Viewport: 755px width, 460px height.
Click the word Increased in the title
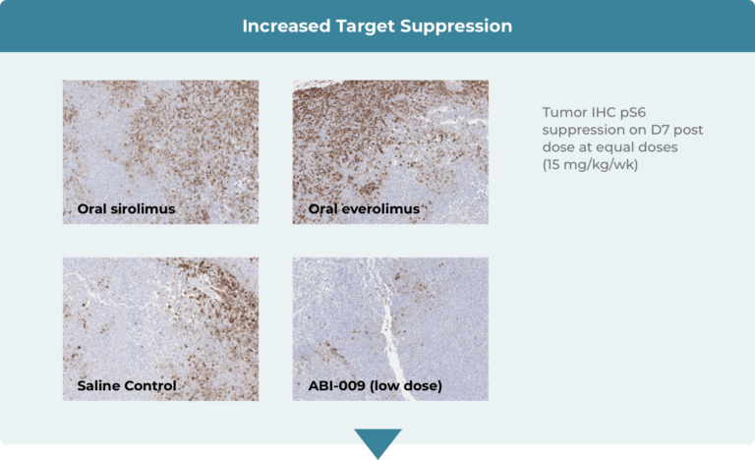pyautogui.click(x=286, y=26)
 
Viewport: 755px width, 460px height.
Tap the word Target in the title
pyautogui.click(x=365, y=26)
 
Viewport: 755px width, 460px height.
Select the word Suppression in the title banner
pyautogui.click(x=456, y=26)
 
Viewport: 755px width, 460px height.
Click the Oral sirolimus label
pyautogui.click(x=126, y=208)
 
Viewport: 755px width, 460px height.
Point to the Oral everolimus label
pyautogui.click(x=364, y=208)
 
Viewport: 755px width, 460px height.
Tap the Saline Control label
pyautogui.click(x=127, y=386)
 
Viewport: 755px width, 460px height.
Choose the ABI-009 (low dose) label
pyautogui.click(x=376, y=386)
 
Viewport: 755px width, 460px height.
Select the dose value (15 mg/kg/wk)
pyautogui.click(x=590, y=165)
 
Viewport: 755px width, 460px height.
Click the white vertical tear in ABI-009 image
pyautogui.click(x=391, y=337)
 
